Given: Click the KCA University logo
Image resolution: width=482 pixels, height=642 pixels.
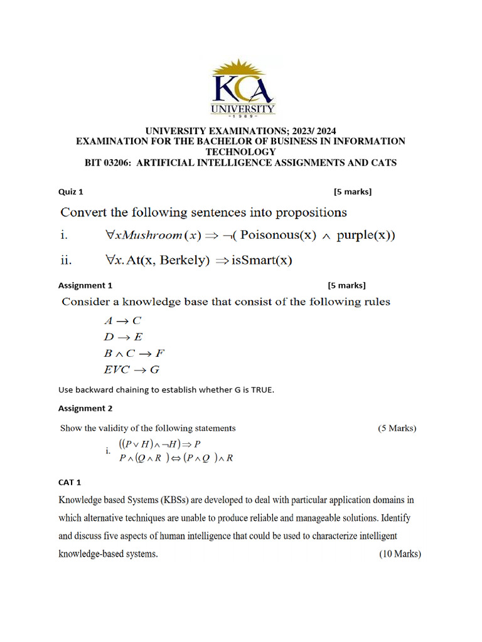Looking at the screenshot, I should coord(242,88).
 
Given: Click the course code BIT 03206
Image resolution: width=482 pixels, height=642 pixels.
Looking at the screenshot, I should coord(109,163).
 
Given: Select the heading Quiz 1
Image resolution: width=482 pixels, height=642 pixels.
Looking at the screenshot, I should coord(71,192).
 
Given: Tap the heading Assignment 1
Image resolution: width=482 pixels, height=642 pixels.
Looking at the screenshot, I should coord(85,285).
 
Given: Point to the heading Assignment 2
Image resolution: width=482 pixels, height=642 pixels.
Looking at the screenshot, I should coord(85,408).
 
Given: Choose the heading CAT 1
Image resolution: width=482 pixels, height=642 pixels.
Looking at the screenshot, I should coord(70,483).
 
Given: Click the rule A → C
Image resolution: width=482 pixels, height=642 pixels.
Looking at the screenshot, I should coord(122,320).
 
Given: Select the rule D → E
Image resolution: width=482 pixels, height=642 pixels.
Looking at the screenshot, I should coord(123,337).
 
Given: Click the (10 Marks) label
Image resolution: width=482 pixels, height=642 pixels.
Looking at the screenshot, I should coord(400,554).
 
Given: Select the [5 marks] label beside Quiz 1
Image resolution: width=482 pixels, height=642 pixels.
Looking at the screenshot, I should coord(353,192).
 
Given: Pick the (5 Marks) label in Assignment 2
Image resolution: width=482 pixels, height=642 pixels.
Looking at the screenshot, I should coord(397,428).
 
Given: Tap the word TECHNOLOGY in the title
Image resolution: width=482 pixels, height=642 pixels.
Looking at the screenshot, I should coord(240,152).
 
